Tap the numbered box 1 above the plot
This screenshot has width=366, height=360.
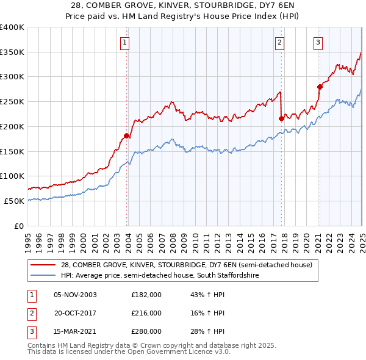(x=124, y=43)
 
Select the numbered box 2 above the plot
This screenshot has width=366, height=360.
(x=279, y=43)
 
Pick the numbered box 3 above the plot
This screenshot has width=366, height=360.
(x=318, y=43)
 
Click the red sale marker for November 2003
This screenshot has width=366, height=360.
(x=127, y=135)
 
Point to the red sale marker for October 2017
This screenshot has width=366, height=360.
(x=282, y=118)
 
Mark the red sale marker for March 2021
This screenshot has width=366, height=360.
(x=320, y=87)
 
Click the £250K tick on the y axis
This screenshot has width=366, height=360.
(x=12, y=102)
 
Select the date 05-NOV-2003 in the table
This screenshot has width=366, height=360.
(x=76, y=295)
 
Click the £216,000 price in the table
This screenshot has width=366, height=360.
(x=146, y=313)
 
